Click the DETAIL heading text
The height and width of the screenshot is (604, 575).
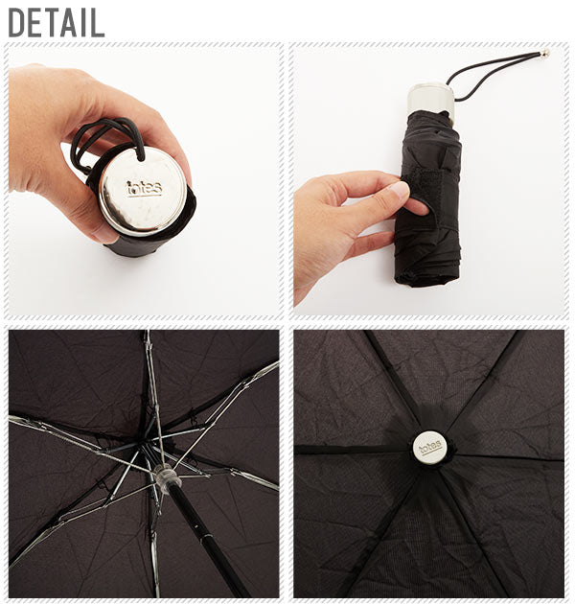point(57,23)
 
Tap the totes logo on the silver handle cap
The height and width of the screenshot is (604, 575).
point(145,188)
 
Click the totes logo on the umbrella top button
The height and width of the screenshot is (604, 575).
point(430,448)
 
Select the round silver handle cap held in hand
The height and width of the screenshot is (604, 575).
point(143,192)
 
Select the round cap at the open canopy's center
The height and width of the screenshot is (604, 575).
point(430,448)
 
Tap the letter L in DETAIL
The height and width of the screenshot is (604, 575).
point(97,23)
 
